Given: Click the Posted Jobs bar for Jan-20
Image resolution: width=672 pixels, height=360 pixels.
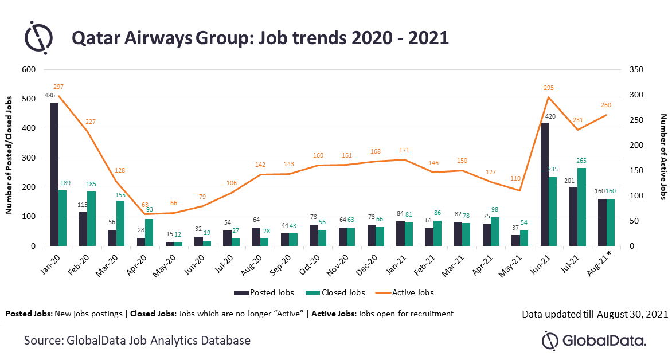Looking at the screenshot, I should (54, 175).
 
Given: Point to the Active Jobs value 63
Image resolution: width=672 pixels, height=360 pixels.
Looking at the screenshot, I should (145, 204).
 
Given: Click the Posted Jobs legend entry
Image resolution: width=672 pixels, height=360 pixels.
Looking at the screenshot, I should (264, 292).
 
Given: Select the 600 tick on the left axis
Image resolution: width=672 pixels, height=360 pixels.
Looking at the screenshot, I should (28, 69).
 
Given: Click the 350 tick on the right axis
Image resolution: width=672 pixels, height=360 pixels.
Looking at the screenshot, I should (636, 69).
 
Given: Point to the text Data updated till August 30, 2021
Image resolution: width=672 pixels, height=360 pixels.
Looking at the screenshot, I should (595, 314).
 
